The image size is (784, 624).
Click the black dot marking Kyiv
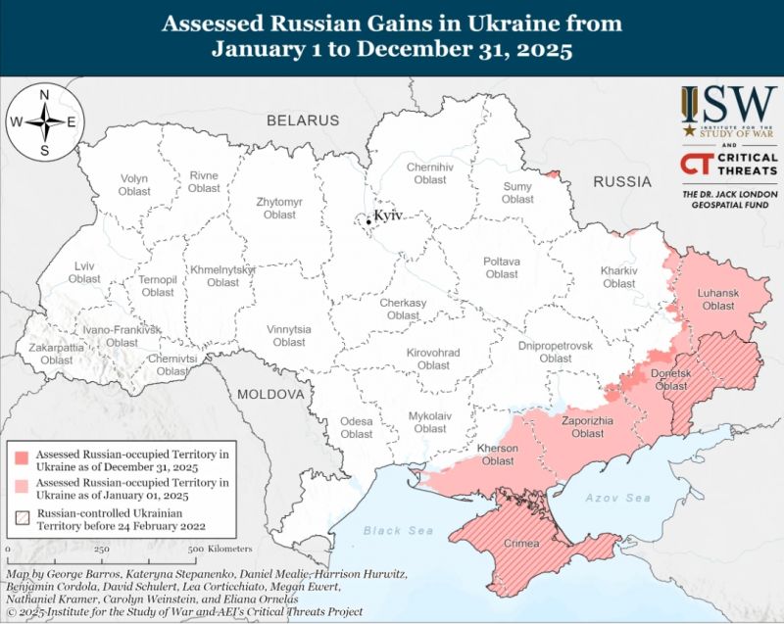368,221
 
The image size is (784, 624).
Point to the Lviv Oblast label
84,272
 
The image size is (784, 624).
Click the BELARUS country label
304,120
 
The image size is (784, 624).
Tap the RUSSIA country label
622,181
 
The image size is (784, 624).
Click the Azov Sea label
618,498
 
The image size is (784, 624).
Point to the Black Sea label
398,530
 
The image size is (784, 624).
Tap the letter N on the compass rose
44,95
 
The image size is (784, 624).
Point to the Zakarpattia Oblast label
57,354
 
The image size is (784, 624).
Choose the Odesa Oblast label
357,427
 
